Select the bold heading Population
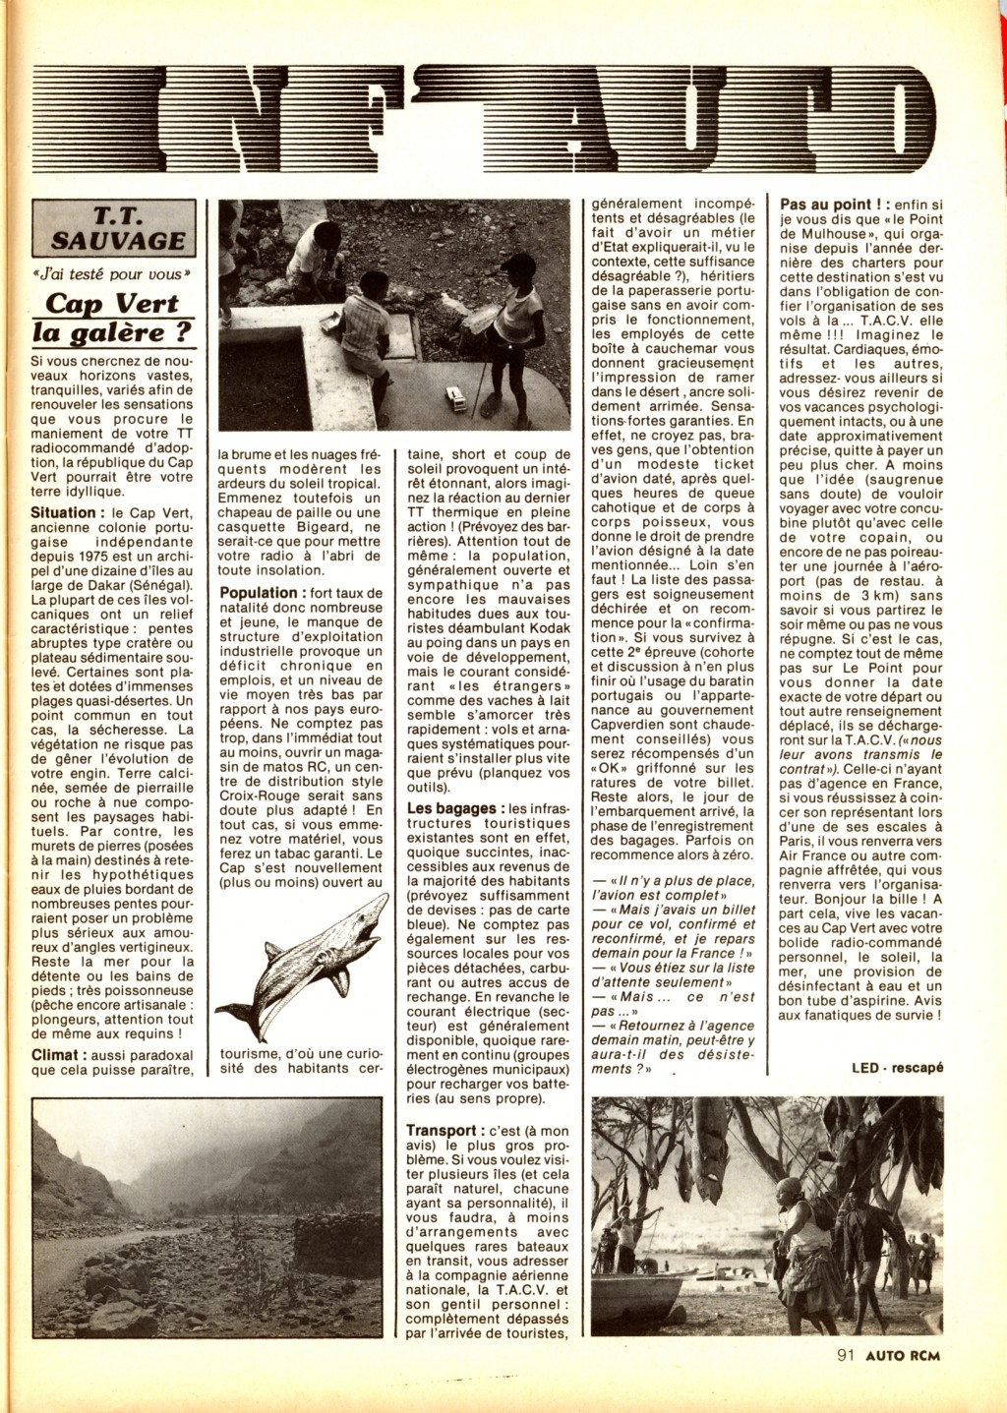(x=259, y=593)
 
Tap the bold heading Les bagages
(x=451, y=808)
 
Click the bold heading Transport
(x=444, y=1132)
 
